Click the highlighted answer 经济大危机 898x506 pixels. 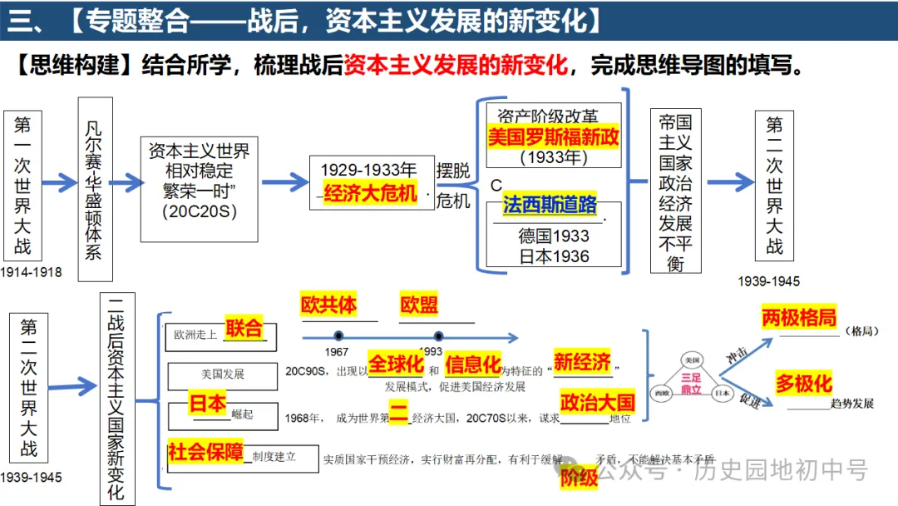tap(371, 193)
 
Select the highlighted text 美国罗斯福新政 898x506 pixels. tap(553, 136)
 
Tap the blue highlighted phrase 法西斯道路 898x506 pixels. tap(550, 205)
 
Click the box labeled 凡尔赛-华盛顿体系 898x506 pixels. tap(95, 190)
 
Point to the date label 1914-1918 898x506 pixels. tap(31, 272)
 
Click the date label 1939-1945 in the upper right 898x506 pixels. tap(768, 281)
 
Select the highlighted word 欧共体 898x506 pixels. tap(328, 305)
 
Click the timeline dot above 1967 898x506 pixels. tap(338, 335)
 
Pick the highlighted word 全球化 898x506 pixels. tap(396, 364)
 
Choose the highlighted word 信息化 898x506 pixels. tap(473, 364)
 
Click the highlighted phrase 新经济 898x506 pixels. tap(582, 362)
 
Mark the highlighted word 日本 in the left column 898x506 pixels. tap(207, 404)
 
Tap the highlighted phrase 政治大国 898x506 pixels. tap(597, 403)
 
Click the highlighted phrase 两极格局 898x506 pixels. tap(798, 318)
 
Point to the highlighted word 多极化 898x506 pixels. tap(803, 384)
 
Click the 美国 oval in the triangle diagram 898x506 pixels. tap(690, 359)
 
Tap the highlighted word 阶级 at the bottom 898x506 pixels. tap(579, 478)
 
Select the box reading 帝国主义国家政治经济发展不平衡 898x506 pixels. tap(674, 191)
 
